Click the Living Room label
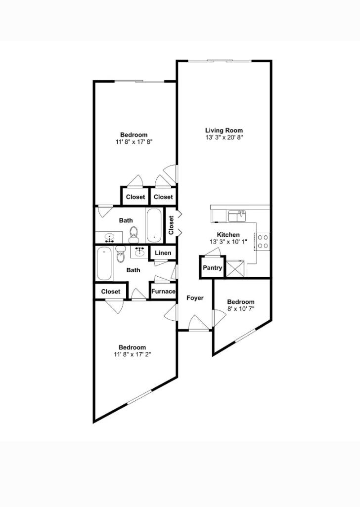224,130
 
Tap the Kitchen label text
228,235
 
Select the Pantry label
213,268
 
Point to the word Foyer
195,298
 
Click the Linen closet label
163,253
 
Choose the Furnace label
163,292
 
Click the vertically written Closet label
171,225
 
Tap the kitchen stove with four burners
263,241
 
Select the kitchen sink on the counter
237,216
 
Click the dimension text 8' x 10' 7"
241,309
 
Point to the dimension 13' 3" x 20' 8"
224,137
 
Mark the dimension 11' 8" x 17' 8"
134,142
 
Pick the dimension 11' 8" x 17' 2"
132,354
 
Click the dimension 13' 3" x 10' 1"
228,242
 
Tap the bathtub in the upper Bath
153,225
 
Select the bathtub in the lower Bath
104,263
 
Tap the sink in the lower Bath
139,252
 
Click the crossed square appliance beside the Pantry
235,269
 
